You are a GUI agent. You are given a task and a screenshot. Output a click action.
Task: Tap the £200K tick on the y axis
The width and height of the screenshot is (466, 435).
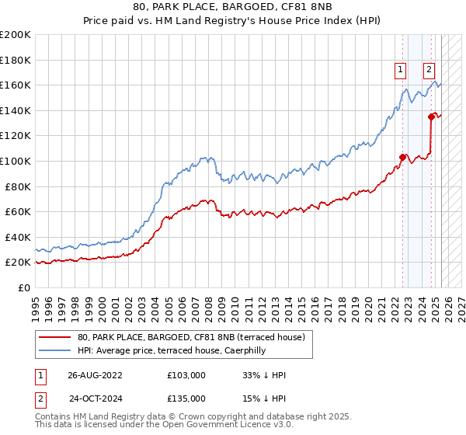(16, 35)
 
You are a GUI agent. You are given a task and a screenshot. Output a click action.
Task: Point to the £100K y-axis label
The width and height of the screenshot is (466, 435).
(16, 161)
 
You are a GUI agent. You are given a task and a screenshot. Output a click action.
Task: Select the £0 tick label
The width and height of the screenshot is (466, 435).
(25, 287)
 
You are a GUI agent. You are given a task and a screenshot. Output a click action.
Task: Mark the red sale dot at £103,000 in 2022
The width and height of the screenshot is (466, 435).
(402, 157)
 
